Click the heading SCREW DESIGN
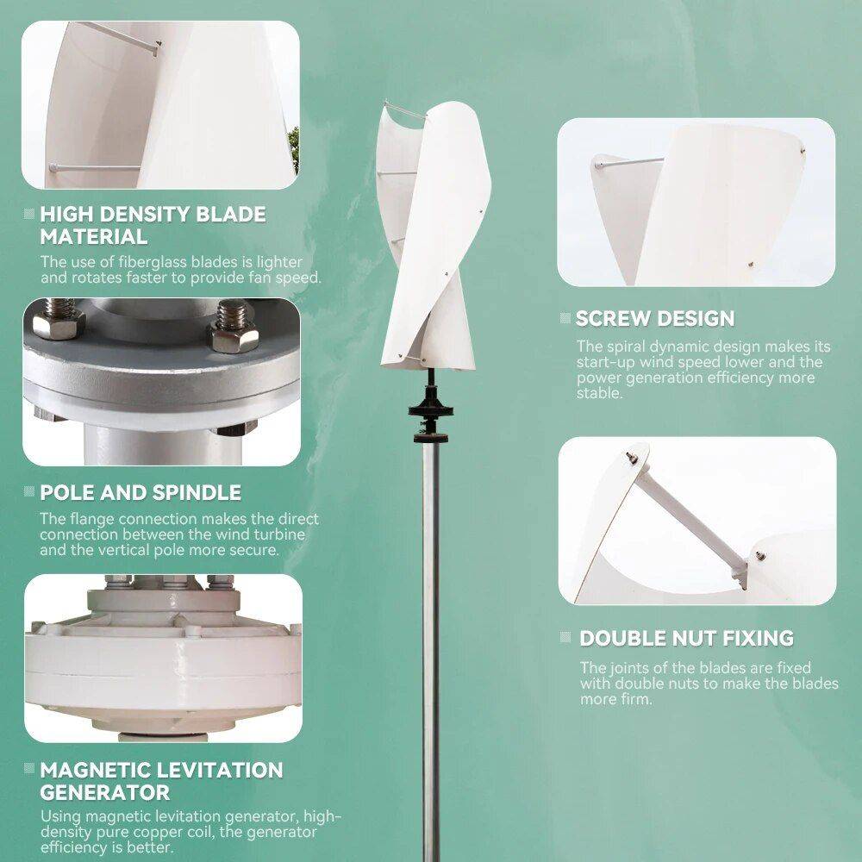(655, 318)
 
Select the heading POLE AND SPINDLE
(141, 493)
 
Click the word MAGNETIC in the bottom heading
(97, 770)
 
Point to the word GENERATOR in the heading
(104, 792)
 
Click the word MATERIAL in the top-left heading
(93, 236)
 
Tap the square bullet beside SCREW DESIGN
(565, 319)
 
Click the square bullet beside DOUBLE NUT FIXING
(565, 638)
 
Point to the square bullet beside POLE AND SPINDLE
(30, 493)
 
